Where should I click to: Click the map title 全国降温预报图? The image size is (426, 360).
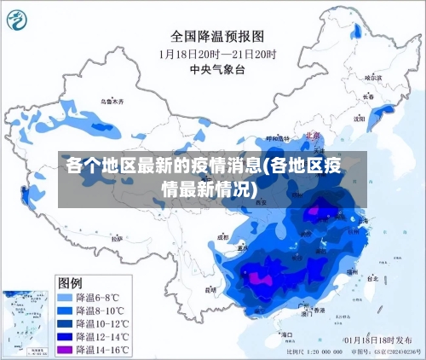coord(218,37)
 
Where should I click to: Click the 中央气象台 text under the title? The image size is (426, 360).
coord(218,68)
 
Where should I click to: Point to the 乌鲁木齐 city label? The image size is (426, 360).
coord(112,102)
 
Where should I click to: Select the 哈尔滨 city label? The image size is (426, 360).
coord(373,77)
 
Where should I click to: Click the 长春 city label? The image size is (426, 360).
coord(368,96)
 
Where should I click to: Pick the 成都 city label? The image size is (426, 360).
coord(224,237)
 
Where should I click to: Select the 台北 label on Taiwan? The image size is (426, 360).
coord(372,278)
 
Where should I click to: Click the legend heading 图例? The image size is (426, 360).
coord(70,282)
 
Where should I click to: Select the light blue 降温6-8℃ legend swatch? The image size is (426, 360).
coord(66,297)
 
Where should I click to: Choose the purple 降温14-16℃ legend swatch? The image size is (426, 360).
coord(66,350)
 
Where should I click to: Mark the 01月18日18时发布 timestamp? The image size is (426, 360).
coord(375,340)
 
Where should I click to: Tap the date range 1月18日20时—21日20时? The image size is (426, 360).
coord(218,53)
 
